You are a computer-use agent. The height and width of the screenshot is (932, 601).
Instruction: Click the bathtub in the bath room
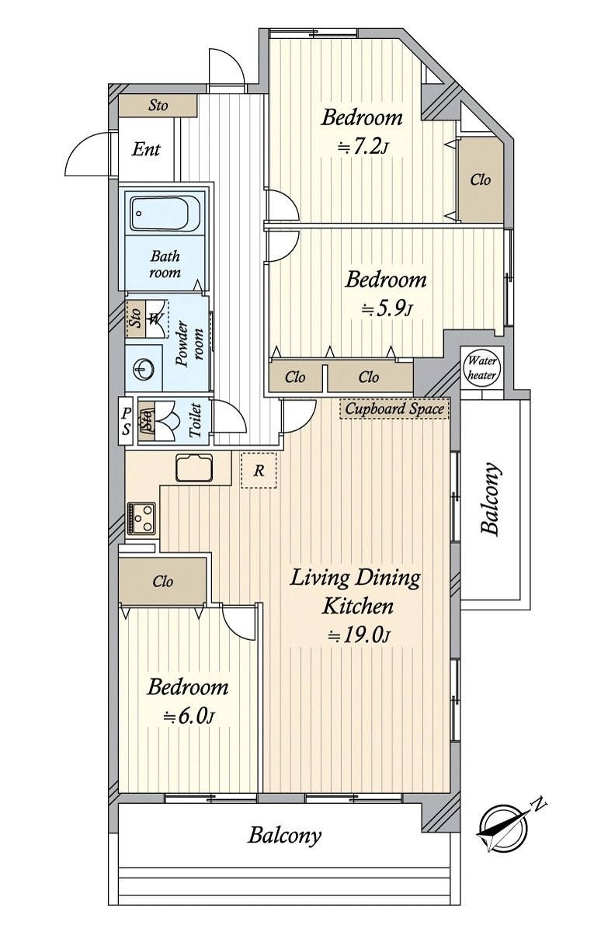(165, 214)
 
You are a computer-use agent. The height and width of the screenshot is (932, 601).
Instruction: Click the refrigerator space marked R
(259, 470)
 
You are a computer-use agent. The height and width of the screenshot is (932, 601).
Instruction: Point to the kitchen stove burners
(141, 519)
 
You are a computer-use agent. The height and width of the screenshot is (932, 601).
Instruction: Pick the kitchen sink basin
(194, 468)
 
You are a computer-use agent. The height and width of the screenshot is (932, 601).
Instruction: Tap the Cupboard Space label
(394, 409)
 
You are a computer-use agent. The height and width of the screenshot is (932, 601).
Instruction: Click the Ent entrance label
(146, 149)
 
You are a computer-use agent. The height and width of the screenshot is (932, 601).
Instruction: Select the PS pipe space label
(126, 421)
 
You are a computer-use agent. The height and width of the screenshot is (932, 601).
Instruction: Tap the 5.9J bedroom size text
(387, 309)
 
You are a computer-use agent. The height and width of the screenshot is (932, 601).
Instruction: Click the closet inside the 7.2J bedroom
(481, 179)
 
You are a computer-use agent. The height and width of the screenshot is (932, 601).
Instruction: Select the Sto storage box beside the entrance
(158, 106)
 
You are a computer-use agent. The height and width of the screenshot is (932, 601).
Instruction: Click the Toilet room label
(195, 420)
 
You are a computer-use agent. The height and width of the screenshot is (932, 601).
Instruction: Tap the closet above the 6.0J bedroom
(162, 581)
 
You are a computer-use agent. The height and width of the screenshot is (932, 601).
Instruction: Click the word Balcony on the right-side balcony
(491, 499)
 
